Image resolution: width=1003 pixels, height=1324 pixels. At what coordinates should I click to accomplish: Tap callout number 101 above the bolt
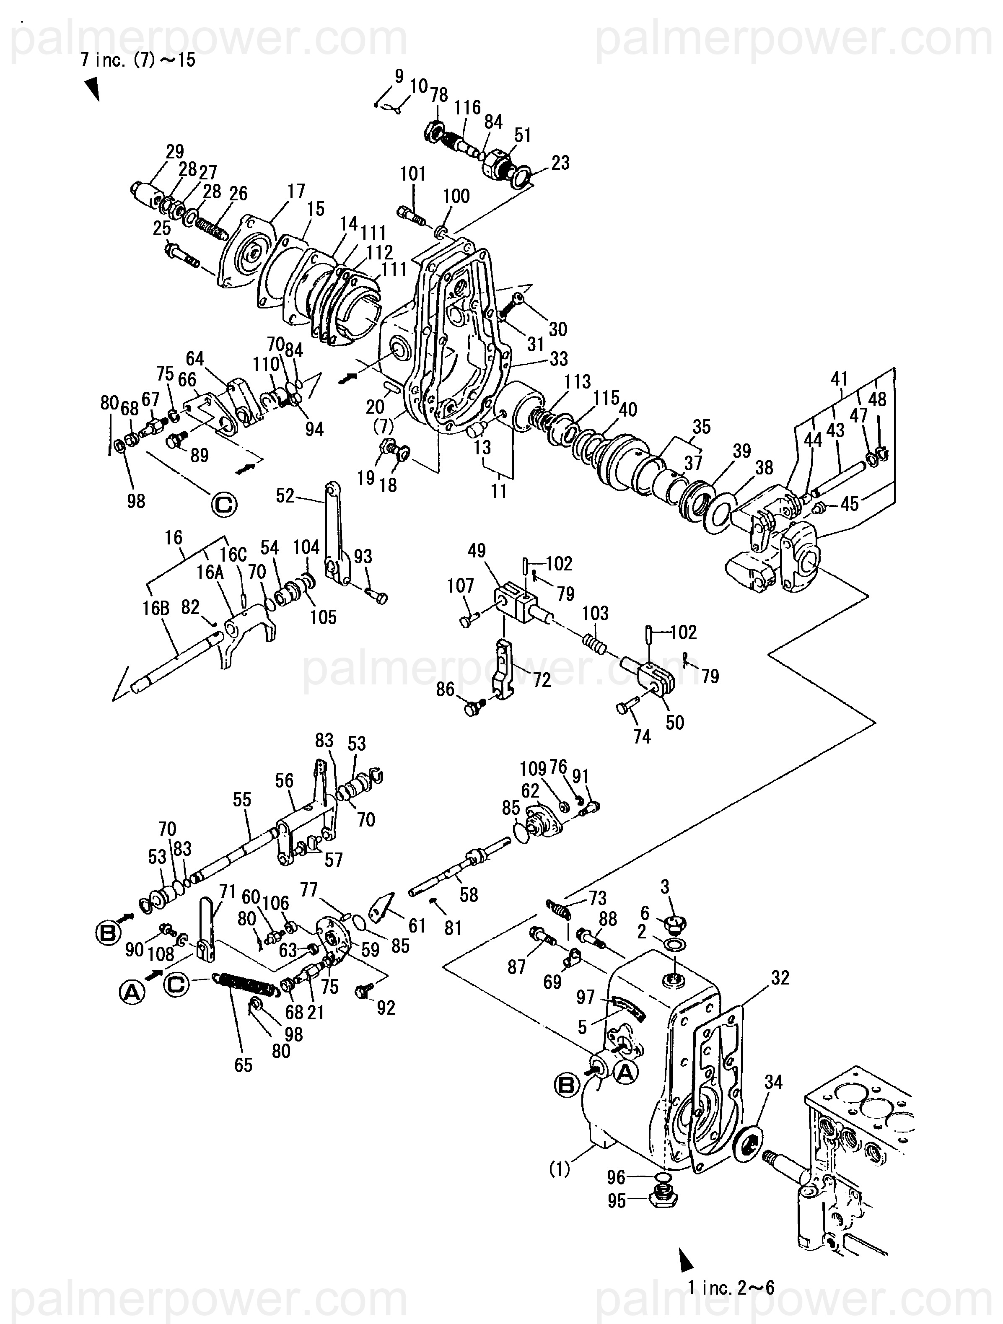pyautogui.click(x=412, y=174)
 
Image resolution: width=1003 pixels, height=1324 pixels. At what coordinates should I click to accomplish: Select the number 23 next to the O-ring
pyautogui.click(x=560, y=163)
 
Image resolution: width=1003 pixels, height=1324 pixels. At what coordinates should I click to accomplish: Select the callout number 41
pyautogui.click(x=840, y=378)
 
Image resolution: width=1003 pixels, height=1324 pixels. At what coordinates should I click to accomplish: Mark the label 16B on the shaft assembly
pyautogui.click(x=156, y=608)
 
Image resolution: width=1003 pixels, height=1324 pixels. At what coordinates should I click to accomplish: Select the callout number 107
pyautogui.click(x=460, y=586)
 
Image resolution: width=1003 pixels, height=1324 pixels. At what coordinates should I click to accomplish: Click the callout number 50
pyautogui.click(x=674, y=723)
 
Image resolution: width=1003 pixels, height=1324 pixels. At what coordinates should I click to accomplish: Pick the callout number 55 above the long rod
pyautogui.click(x=242, y=800)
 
